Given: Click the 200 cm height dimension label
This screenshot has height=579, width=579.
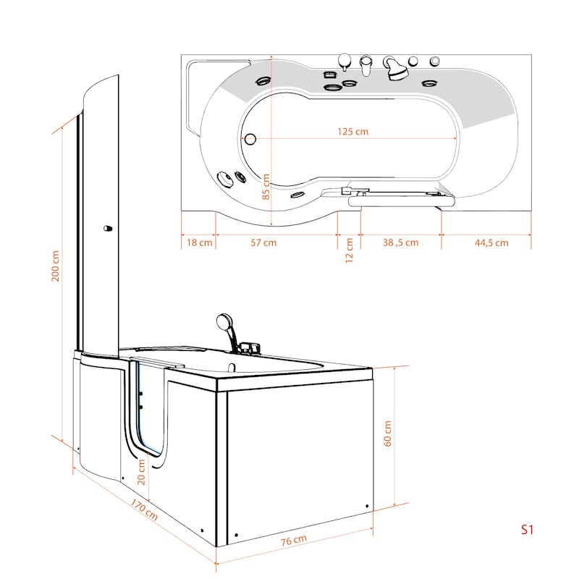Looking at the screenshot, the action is coord(56,266).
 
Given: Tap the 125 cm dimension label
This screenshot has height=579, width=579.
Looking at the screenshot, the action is coord(352,132).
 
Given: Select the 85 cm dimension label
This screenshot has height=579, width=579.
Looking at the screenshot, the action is coord(266,187).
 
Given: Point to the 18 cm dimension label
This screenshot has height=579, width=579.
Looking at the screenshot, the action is coord(200,242).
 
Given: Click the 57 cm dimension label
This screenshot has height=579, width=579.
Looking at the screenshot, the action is coord(263,242).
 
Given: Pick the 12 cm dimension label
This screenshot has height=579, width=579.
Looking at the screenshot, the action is coord(349,250).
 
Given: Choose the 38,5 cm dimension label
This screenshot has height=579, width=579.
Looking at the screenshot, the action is coord(401,242).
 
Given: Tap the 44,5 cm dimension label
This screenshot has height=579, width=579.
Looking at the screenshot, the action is coord(491,242).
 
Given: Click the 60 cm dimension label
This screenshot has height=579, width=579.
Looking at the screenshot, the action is coord(387,434).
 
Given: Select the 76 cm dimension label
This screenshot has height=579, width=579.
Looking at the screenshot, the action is coord(294,541).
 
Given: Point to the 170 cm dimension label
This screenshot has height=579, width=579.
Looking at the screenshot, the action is coord(144,510).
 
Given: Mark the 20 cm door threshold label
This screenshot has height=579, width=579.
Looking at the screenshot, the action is coord(141,472).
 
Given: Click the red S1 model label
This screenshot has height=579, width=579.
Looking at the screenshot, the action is coord(527,530).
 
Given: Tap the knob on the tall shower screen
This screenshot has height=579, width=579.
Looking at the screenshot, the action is coord(107,229).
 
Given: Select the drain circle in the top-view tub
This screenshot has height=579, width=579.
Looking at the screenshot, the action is coord(250,139).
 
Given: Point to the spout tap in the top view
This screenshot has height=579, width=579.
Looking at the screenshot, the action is coord(365,65).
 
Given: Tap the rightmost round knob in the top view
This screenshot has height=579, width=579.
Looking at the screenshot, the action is coord(435,61).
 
